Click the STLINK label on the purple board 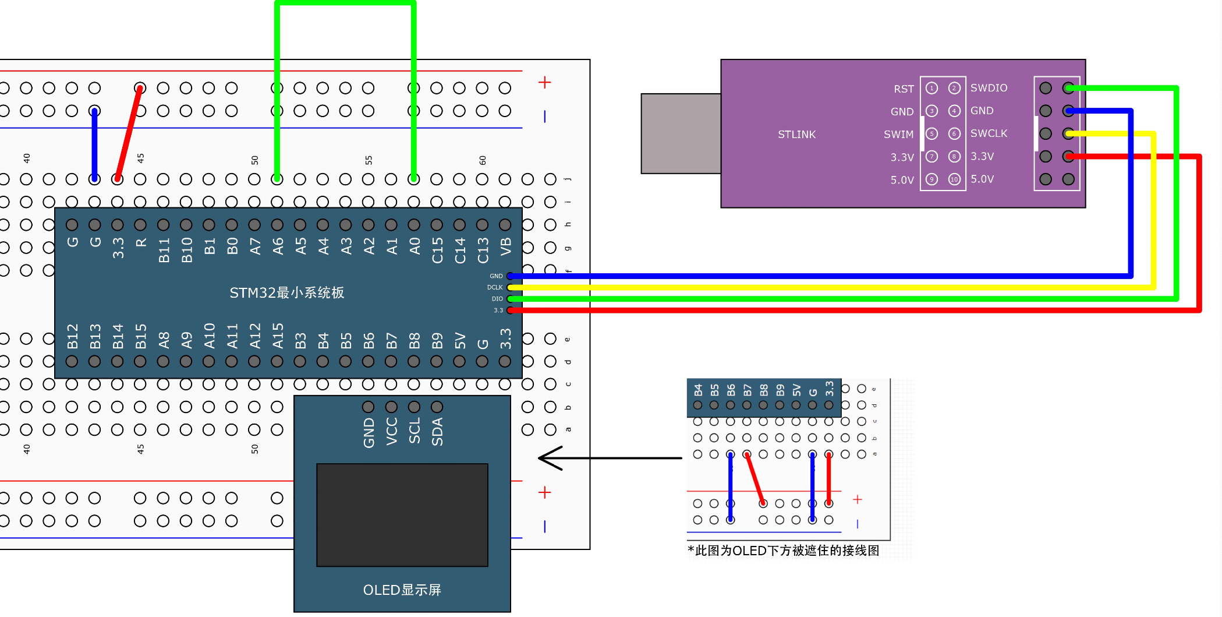tap(796, 135)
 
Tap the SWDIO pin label tap(989, 88)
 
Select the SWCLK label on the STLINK tap(989, 133)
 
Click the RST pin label tap(904, 89)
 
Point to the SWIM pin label tap(898, 135)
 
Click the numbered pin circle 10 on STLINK tap(954, 179)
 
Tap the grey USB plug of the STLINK tap(681, 133)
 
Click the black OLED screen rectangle tap(402, 514)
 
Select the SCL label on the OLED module tap(415, 431)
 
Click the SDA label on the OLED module tap(437, 432)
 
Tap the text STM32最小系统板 tap(286, 292)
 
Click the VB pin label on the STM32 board tap(505, 246)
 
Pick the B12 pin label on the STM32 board tap(72, 336)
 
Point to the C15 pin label tap(437, 250)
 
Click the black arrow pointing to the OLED tap(608, 458)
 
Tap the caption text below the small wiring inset tap(783, 551)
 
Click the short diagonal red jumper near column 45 tap(129, 133)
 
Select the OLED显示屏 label tap(402, 590)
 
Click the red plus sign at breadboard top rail tap(544, 83)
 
